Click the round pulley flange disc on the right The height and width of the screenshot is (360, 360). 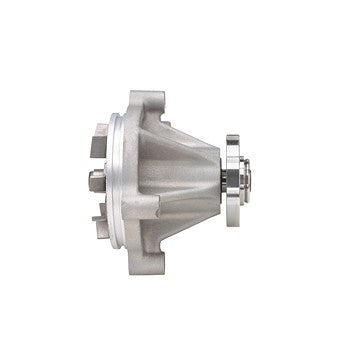tap(235, 180)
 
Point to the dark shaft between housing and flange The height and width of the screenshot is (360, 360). tap(220, 180)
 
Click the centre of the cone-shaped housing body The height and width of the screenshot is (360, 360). tap(165, 180)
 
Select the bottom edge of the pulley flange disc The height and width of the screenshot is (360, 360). tap(235, 226)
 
